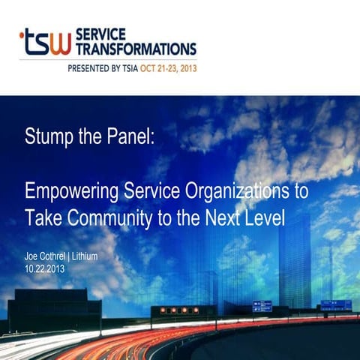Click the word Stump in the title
tap(46, 138)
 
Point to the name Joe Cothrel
tap(47, 256)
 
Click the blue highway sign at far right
tap(335, 304)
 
